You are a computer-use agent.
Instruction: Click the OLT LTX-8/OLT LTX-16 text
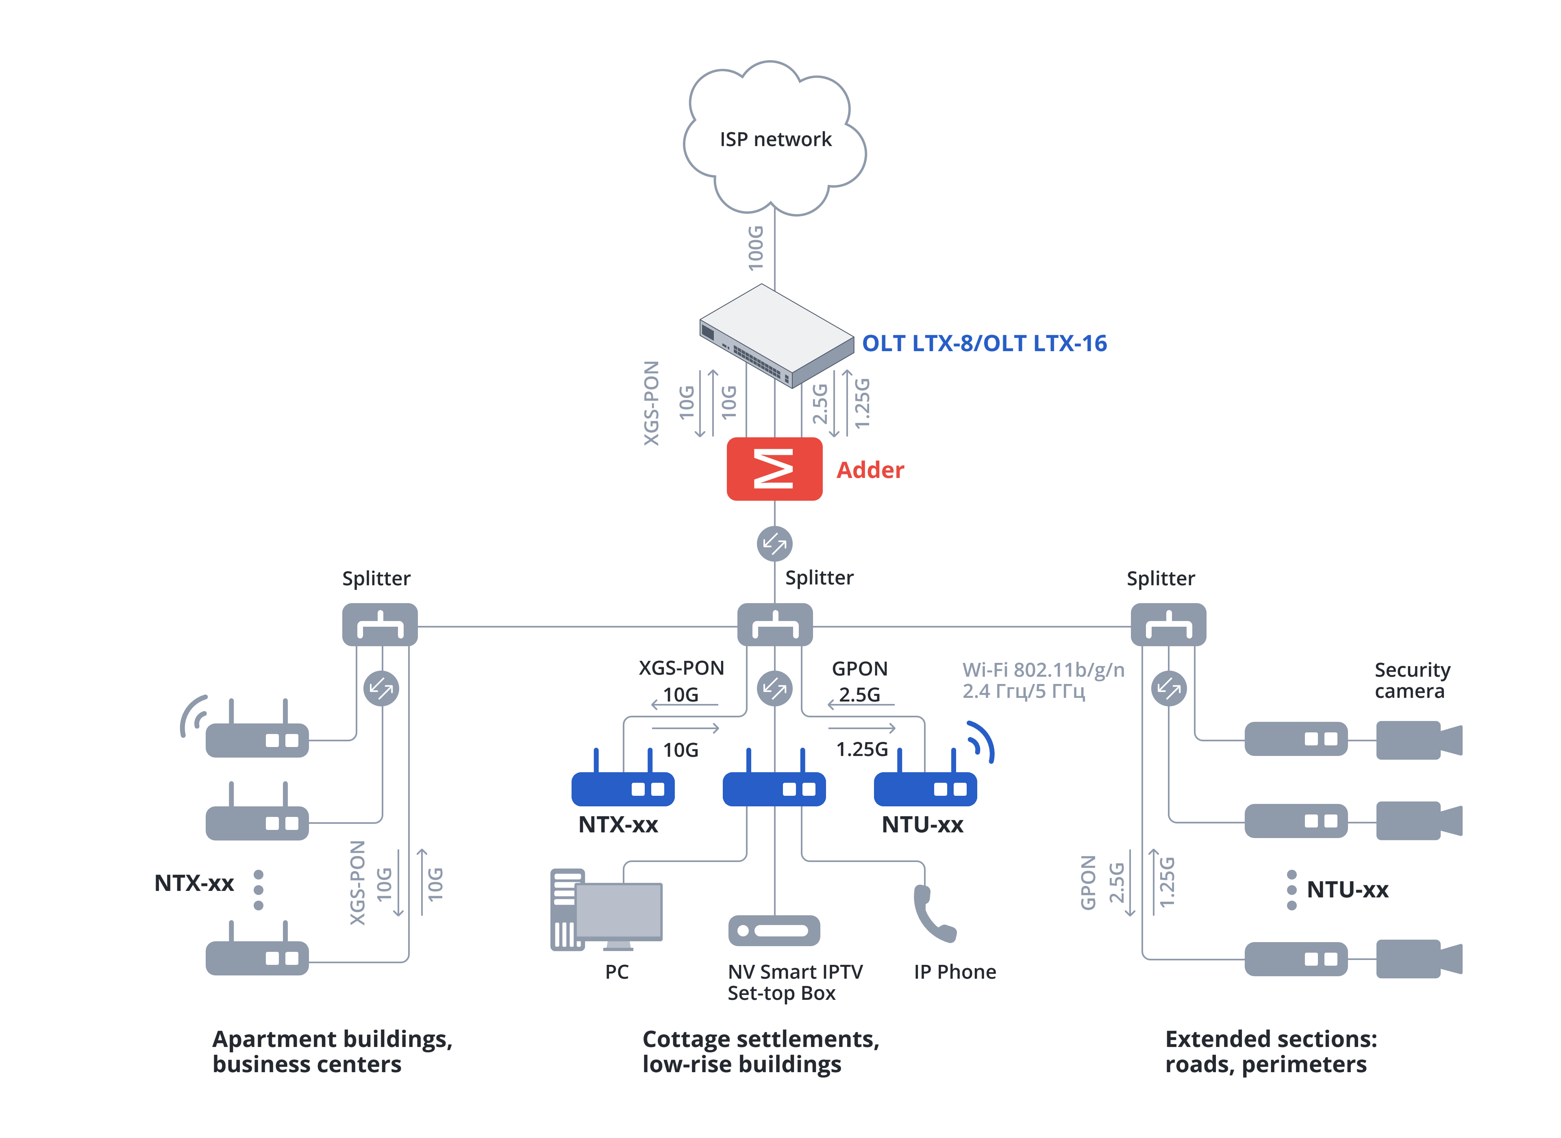[x=984, y=343]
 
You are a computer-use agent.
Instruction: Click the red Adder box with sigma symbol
[x=774, y=469]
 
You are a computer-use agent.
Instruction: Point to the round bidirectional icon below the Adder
[x=774, y=543]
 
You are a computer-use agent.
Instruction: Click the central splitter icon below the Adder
[x=774, y=625]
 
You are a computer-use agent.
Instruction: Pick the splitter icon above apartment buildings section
[x=380, y=625]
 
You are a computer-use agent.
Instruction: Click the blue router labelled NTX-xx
[x=623, y=787]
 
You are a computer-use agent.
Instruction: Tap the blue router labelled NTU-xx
[x=924, y=787]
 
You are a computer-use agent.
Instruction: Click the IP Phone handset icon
[x=933, y=913]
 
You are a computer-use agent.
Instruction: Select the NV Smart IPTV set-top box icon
[x=774, y=930]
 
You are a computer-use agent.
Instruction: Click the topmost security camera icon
[x=1418, y=740]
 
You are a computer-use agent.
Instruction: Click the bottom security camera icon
[x=1418, y=958]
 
